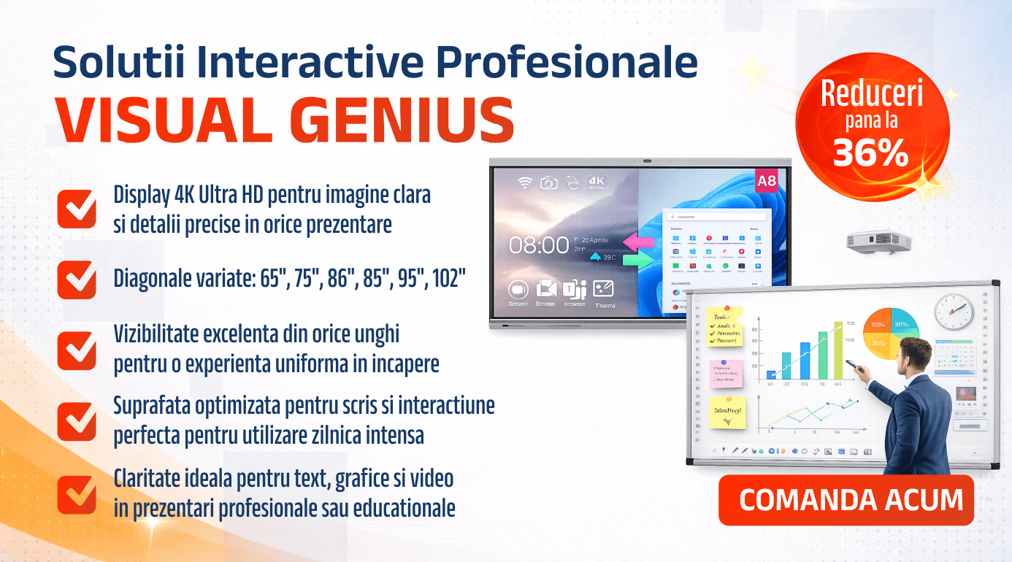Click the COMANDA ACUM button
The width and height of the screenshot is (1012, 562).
[846, 500]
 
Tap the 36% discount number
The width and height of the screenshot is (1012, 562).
[871, 152]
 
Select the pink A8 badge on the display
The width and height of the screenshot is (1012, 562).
[767, 182]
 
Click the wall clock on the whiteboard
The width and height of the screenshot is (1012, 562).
[954, 312]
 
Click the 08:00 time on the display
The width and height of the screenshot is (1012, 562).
[539, 245]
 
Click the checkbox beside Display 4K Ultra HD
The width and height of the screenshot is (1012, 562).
[77, 209]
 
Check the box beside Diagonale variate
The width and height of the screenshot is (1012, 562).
[77, 280]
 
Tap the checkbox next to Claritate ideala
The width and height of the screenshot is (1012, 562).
[77, 494]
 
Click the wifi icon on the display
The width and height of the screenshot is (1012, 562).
[524, 182]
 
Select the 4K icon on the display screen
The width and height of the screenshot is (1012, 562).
[597, 182]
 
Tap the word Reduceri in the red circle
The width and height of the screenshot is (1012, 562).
[872, 93]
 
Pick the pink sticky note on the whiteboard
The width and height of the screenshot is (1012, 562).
[726, 373]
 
